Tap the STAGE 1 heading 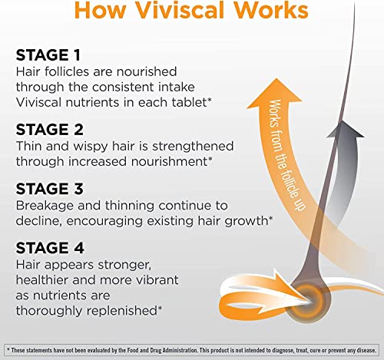coord(48,55)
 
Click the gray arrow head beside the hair coord(354,130)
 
